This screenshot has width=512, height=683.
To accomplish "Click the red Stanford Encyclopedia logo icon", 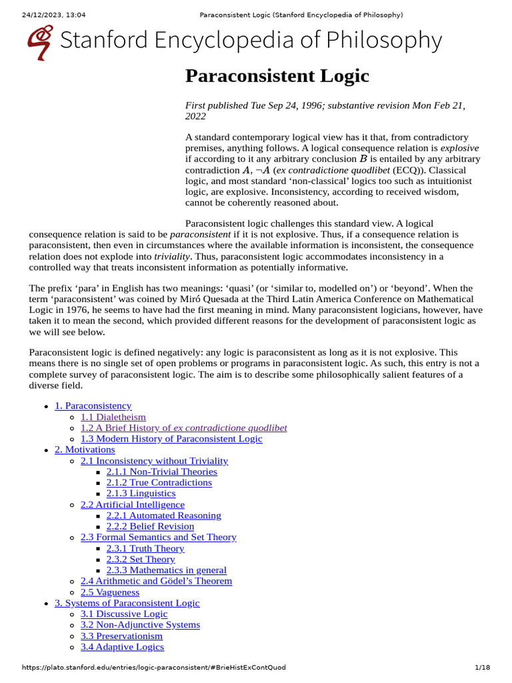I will click(x=39, y=42).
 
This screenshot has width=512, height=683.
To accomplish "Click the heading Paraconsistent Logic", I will click(x=277, y=76).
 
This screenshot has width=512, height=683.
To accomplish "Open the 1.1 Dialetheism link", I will click(x=113, y=417).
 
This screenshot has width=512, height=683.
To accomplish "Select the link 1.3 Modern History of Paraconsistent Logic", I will click(x=171, y=439).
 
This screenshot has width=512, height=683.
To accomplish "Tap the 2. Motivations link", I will click(x=85, y=450).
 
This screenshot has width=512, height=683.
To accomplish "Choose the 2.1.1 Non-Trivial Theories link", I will click(x=161, y=472).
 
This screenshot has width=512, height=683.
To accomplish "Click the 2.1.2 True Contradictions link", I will click(x=159, y=482).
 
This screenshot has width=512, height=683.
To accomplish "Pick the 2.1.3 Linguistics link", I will click(x=141, y=494).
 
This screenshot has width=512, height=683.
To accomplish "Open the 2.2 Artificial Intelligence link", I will click(x=133, y=504).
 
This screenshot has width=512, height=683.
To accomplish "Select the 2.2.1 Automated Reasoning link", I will click(x=163, y=516).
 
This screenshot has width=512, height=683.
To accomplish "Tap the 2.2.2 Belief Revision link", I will click(x=150, y=526).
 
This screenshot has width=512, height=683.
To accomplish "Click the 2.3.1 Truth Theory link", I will click(x=145, y=548).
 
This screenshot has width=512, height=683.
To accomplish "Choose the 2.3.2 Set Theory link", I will click(x=141, y=559).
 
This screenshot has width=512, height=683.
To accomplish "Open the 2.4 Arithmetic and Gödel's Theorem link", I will click(x=156, y=581).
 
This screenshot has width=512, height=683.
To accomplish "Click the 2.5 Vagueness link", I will click(x=110, y=592).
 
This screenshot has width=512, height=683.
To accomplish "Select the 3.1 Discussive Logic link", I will click(x=124, y=614).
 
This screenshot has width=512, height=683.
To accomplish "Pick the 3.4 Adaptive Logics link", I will click(x=122, y=647).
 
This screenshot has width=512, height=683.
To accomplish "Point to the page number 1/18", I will click(x=482, y=668).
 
